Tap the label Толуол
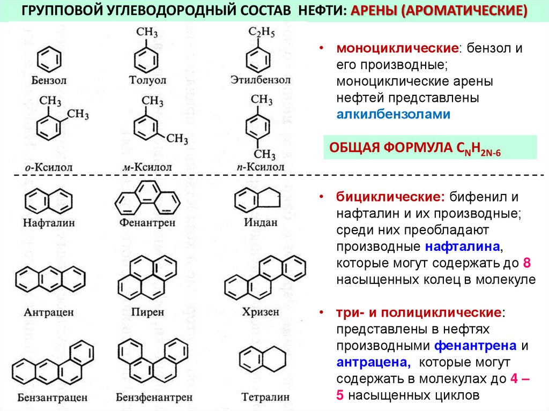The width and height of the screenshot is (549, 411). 148,80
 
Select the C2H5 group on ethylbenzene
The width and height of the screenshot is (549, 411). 261,33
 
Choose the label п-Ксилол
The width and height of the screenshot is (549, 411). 260,167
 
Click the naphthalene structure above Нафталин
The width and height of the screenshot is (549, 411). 48,201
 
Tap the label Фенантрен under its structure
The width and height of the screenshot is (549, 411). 148,222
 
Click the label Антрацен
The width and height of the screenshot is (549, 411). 49,312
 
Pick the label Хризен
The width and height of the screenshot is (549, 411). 261,311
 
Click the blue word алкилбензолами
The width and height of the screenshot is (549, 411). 394,114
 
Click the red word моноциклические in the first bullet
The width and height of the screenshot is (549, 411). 396,48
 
